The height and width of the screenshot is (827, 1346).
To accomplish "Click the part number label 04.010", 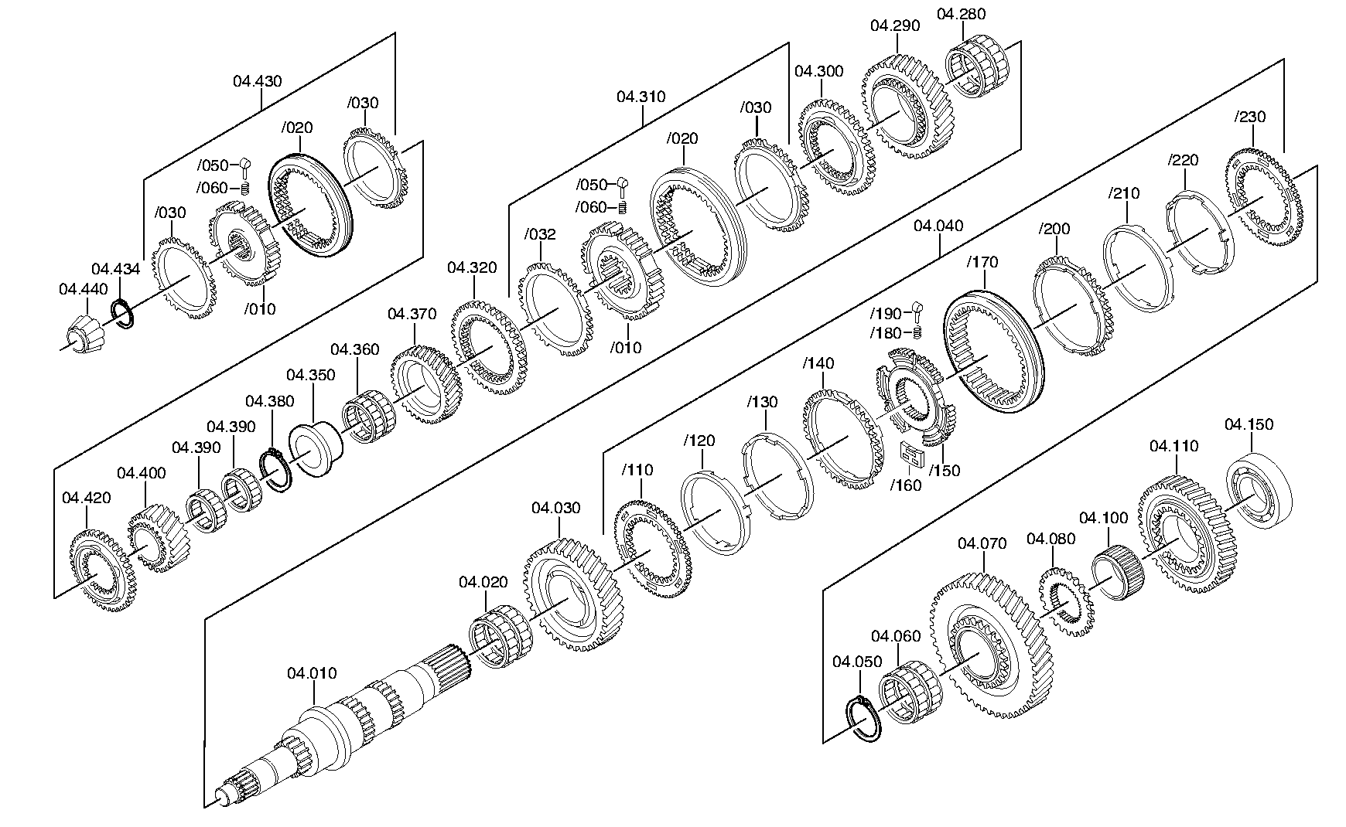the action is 313,673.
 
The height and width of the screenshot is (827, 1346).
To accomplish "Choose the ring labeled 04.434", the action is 125,314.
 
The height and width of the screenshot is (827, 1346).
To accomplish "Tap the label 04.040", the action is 938,226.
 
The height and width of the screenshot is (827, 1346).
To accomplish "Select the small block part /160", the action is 912,455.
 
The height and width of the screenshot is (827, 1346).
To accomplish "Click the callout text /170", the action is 982,263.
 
